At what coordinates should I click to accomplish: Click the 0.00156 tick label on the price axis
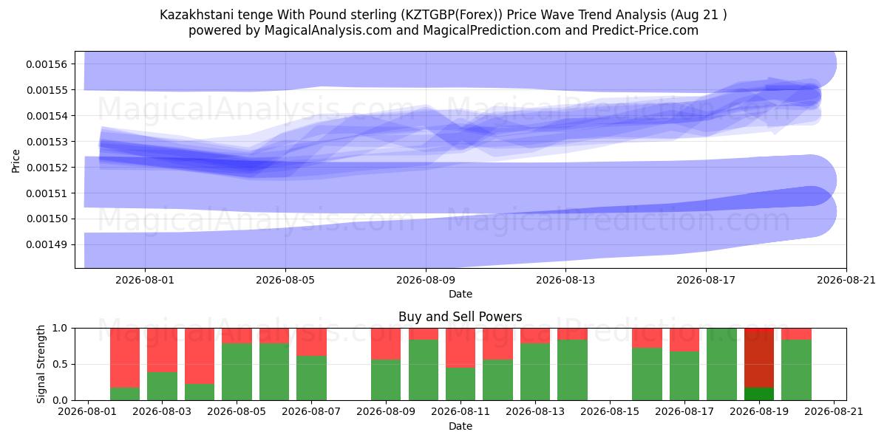(x=47, y=64)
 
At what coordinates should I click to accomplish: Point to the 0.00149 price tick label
(x=47, y=244)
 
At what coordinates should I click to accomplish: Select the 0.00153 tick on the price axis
(x=47, y=142)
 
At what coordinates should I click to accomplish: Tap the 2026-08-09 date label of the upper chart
(x=426, y=280)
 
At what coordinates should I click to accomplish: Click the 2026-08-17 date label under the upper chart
(x=706, y=280)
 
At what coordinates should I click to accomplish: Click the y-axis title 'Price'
(x=16, y=161)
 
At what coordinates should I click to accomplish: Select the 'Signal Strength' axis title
(x=41, y=364)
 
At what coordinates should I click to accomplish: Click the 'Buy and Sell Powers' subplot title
(x=460, y=317)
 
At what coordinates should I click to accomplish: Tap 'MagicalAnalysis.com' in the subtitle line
(x=328, y=30)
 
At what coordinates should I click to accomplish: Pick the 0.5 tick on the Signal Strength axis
(x=60, y=364)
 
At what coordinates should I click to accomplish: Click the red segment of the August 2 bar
(x=125, y=358)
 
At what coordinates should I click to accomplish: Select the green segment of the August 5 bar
(x=237, y=372)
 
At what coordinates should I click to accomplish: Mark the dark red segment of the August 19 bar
(x=759, y=358)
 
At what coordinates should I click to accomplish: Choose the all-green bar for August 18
(x=721, y=364)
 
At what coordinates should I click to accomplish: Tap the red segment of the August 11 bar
(x=461, y=348)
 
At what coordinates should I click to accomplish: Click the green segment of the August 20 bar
(x=796, y=370)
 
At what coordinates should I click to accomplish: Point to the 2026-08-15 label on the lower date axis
(x=610, y=412)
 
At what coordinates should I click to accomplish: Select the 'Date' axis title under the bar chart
(x=460, y=427)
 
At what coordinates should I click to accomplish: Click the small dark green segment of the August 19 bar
(x=759, y=394)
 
